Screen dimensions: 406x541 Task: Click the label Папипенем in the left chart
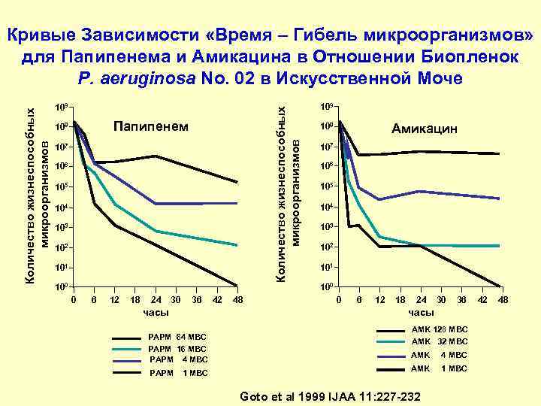pos(150,126)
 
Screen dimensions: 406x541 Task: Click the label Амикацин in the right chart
pos(425,129)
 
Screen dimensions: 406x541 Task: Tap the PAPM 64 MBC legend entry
pos(177,337)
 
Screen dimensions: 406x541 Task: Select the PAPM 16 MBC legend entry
pos(177,349)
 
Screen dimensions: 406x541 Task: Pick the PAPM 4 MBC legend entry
pos(178,359)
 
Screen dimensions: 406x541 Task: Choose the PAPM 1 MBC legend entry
pos(178,373)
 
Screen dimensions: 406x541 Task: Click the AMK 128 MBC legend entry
pos(439,329)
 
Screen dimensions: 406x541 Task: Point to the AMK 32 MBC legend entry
pos(439,341)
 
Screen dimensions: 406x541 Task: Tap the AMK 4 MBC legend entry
pos(439,355)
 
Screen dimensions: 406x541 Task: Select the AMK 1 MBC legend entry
pos(439,368)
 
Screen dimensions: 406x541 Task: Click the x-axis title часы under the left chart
pos(156,312)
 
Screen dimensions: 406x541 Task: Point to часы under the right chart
pos(421,312)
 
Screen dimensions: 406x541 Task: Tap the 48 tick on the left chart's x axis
pos(238,300)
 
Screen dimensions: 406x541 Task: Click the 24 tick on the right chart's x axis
pos(421,300)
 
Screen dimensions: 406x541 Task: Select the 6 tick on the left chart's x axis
pos(94,300)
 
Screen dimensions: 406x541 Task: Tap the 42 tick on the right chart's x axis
pos(482,300)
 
